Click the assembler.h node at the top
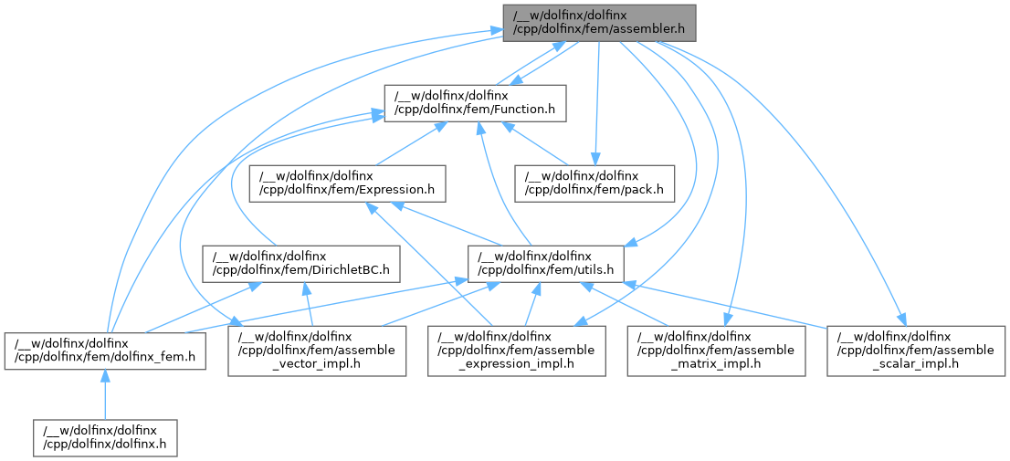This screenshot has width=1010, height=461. click(x=599, y=21)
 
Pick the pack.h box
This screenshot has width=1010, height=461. click(x=594, y=183)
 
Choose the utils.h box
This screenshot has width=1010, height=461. click(x=546, y=264)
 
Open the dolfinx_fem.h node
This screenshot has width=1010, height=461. click(x=104, y=351)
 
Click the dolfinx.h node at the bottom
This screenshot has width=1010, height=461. click(x=104, y=437)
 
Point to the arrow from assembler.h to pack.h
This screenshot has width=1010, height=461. click(x=597, y=100)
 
